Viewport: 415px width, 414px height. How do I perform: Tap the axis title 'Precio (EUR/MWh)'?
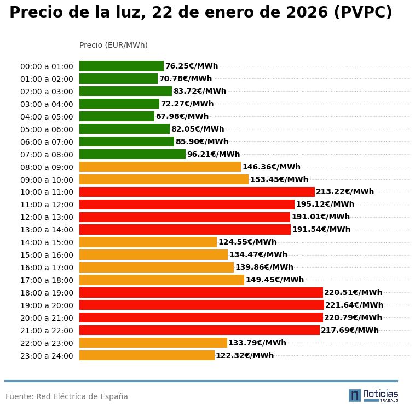(x=113, y=45)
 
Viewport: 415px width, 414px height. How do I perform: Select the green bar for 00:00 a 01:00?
(x=122, y=66)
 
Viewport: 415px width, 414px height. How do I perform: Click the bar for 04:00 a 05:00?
(x=117, y=116)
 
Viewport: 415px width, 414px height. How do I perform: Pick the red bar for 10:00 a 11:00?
(x=197, y=192)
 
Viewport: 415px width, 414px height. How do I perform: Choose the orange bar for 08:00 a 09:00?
(x=160, y=167)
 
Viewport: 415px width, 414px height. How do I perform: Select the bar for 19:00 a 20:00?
(x=201, y=305)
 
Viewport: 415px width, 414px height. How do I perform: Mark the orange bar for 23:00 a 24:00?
(x=147, y=355)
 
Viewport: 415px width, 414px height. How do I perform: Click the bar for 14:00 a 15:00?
(x=148, y=242)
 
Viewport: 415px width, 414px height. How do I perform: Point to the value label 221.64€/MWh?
(x=354, y=305)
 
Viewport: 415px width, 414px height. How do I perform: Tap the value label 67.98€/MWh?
(x=182, y=116)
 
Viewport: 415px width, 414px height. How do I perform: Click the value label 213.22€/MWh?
(x=345, y=192)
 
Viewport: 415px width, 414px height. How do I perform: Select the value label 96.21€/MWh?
(x=214, y=154)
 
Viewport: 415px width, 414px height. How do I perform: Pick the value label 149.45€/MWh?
(x=275, y=280)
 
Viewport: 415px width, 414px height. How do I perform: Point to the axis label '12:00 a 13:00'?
(x=47, y=217)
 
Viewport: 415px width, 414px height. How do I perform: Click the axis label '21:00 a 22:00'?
(x=47, y=331)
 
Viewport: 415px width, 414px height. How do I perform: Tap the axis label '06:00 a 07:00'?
(x=47, y=142)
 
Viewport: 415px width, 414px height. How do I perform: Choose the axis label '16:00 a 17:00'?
(x=47, y=268)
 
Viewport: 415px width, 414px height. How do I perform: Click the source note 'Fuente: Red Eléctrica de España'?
(x=67, y=396)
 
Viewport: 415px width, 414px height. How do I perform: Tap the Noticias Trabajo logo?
(x=373, y=395)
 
